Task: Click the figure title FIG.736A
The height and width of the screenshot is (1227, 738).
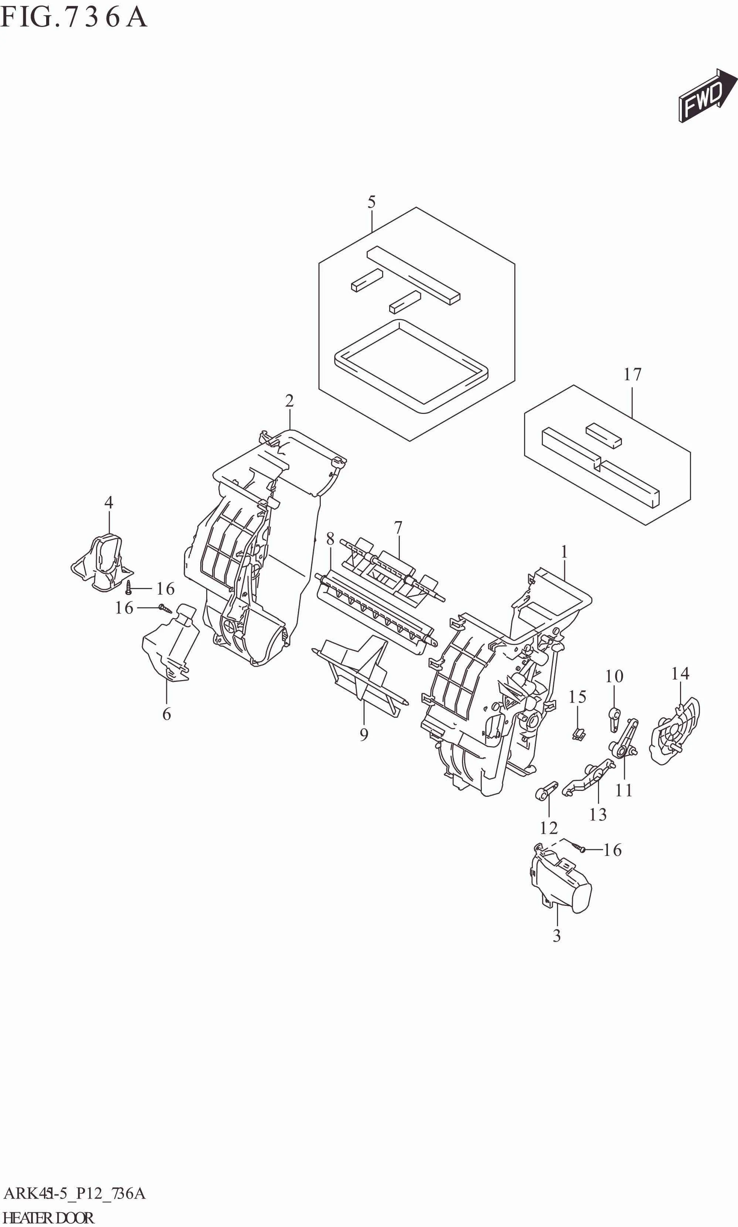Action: pos(74,17)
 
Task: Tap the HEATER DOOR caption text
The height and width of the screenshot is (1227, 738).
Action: pos(48,1217)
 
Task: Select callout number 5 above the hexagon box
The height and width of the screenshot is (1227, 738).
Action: pos(371,203)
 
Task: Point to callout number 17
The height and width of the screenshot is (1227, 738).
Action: pos(633,374)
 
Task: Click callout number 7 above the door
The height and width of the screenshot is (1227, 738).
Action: pos(398,527)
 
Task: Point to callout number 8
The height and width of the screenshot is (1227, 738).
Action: pos(330,538)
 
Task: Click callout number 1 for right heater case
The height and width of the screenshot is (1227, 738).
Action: pos(564,551)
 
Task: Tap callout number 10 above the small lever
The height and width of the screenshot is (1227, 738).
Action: pos(614,676)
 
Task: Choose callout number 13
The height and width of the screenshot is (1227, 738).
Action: pos(598,815)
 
